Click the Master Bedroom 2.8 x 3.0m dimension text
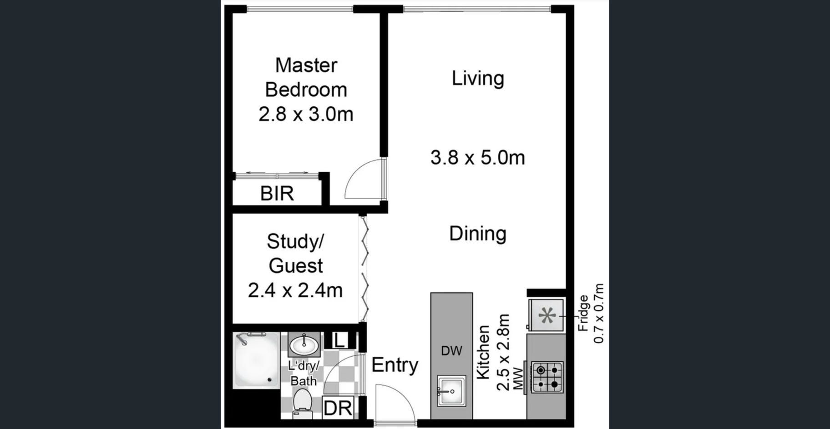306,114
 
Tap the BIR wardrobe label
277,194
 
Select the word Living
478,79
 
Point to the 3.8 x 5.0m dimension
478,158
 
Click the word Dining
478,234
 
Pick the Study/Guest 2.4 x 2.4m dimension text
295,290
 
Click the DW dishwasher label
451,350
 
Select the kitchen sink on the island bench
451,390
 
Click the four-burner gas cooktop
547,377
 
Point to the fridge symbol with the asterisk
547,314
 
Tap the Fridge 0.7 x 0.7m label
591,314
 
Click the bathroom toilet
302,404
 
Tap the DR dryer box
338,408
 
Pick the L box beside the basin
339,340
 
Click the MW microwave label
517,378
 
